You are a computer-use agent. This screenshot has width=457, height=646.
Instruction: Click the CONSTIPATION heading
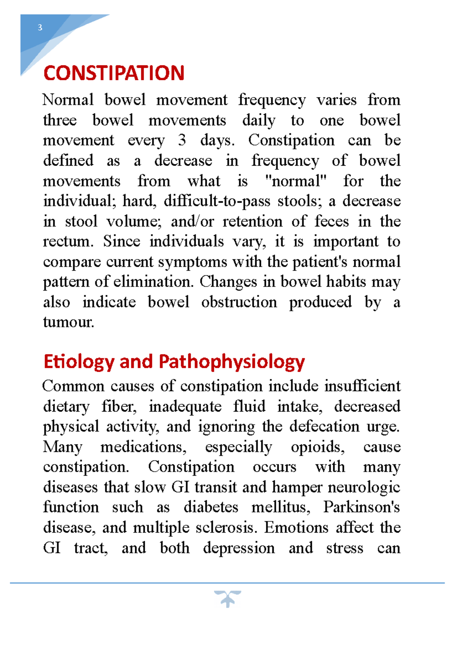114,73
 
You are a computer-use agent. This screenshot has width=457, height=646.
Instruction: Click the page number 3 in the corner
40,27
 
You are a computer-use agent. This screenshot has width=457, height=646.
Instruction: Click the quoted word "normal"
296,181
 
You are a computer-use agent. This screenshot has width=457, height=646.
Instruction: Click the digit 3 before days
182,140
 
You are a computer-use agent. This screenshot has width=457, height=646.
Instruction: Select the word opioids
318,447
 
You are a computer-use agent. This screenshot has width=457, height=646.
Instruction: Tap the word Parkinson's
362,507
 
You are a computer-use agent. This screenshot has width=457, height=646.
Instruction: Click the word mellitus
281,507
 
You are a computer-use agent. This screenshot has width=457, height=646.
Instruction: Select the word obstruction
239,302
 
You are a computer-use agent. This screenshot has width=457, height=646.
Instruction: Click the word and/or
192,221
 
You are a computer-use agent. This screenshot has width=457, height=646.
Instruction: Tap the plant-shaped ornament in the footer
227,598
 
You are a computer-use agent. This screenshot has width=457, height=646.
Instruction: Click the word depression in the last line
239,548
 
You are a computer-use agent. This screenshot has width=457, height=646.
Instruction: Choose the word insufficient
362,386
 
